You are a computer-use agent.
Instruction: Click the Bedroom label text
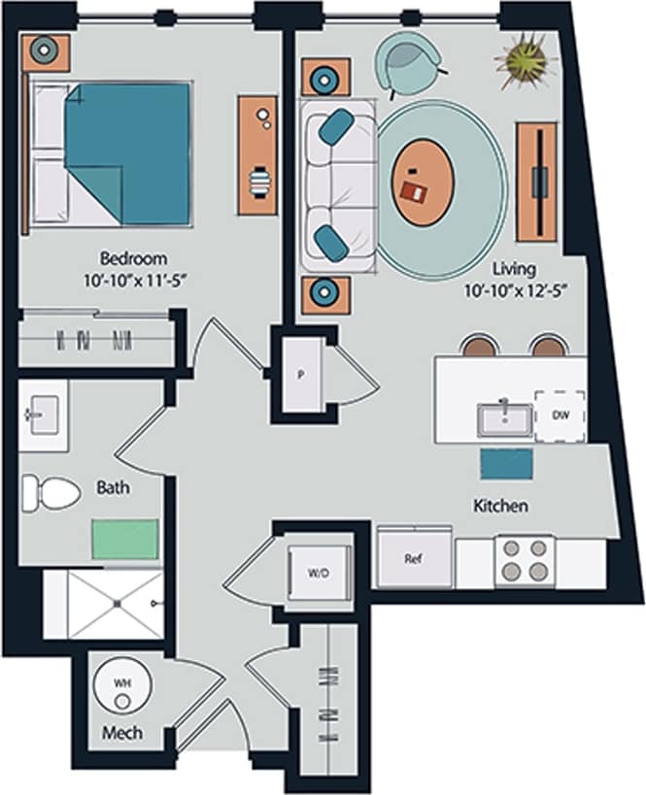click(x=134, y=259)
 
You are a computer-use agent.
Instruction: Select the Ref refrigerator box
click(x=414, y=560)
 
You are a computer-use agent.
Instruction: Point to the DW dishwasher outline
click(x=560, y=415)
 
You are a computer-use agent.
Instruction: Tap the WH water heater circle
click(x=122, y=684)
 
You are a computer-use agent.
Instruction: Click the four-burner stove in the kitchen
click(x=525, y=561)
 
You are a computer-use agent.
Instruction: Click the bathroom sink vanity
click(x=43, y=416)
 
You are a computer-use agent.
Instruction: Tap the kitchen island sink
click(x=503, y=418)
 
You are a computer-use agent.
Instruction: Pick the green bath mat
click(x=125, y=537)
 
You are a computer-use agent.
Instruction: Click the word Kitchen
click(x=500, y=506)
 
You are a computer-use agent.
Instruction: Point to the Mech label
click(x=122, y=733)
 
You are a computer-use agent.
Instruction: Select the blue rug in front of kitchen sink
click(x=506, y=464)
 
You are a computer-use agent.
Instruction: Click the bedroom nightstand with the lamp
click(x=47, y=50)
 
